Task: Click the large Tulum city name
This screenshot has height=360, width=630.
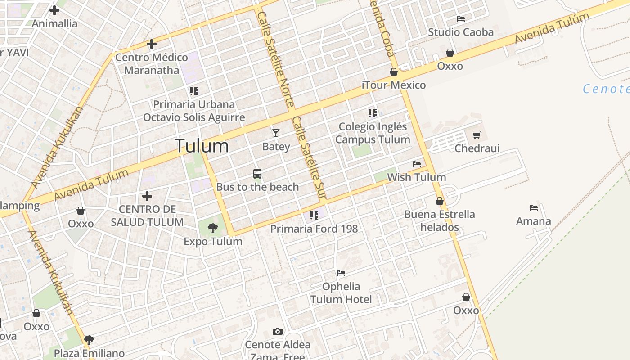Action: pyautogui.click(x=202, y=146)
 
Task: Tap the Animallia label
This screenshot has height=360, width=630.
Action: pyautogui.click(x=54, y=23)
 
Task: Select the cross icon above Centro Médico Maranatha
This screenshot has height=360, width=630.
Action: pyautogui.click(x=152, y=44)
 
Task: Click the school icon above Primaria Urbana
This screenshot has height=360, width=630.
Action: pyautogui.click(x=194, y=91)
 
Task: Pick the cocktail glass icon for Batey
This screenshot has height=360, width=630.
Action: pyautogui.click(x=276, y=133)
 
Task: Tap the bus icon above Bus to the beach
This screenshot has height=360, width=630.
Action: pyautogui.click(x=257, y=174)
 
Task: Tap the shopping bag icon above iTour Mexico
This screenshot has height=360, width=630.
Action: pyautogui.click(x=394, y=72)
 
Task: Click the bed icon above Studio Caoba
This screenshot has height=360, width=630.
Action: pyautogui.click(x=461, y=19)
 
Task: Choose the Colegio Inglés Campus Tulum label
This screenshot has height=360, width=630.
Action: pyautogui.click(x=373, y=133)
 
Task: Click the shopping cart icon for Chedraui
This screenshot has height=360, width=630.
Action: pyautogui.click(x=477, y=135)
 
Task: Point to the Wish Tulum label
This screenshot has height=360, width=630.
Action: pyautogui.click(x=417, y=177)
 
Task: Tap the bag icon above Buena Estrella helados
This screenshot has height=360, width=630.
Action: pyautogui.click(x=440, y=201)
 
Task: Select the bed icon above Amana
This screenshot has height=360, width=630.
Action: pyautogui.click(x=534, y=208)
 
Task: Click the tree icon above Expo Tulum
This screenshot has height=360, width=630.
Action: pyautogui.click(x=213, y=228)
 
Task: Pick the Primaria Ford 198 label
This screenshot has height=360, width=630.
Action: pyautogui.click(x=314, y=229)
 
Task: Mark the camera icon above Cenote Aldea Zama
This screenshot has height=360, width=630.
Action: pyautogui.click(x=278, y=332)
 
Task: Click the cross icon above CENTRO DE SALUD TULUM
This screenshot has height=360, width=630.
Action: pyautogui.click(x=147, y=196)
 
